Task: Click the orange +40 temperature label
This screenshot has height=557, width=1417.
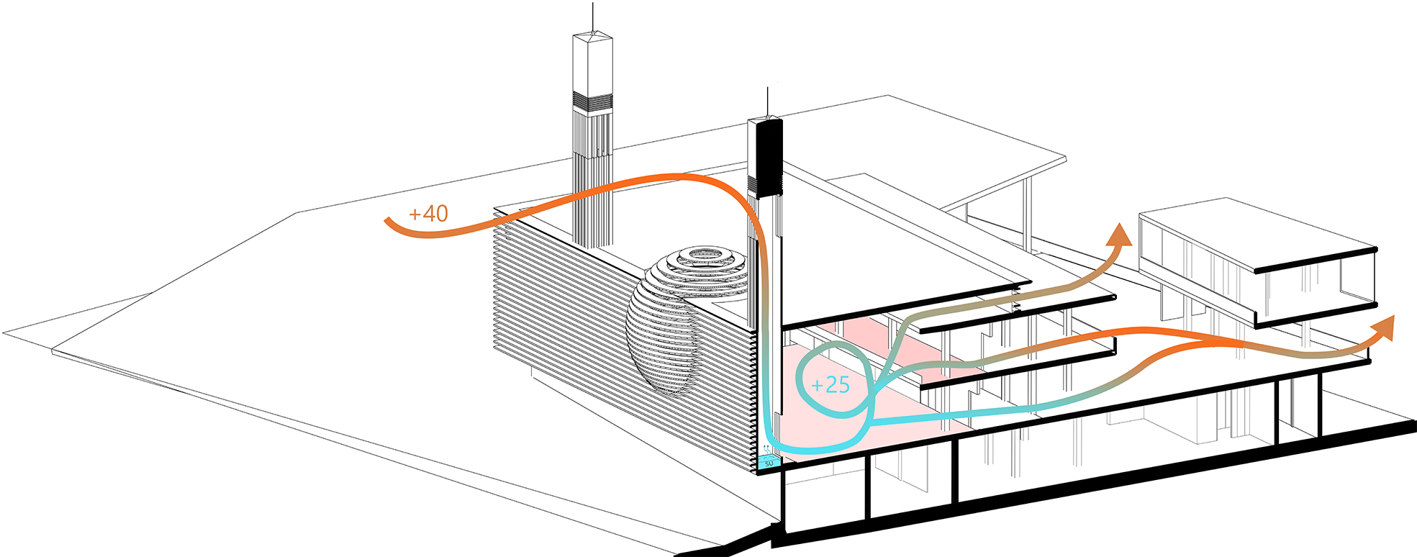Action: coord(428,214)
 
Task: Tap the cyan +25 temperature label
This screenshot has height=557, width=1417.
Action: coord(830,385)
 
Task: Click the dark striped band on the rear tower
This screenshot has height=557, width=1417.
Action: coord(592,101)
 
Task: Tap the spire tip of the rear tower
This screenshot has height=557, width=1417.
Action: coord(593,4)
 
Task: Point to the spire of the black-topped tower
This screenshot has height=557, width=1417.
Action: coord(767,101)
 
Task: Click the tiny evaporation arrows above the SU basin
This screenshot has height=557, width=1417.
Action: coord(768,452)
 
